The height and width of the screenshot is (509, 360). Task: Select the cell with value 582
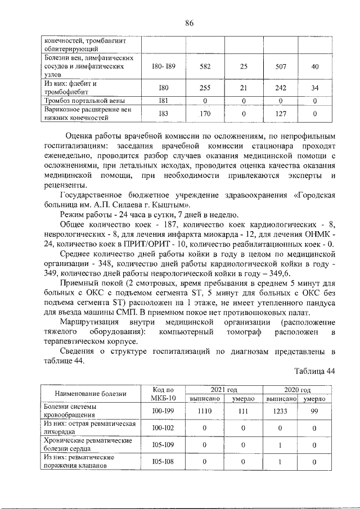(x=205, y=66)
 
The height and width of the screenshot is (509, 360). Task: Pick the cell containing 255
(x=205, y=88)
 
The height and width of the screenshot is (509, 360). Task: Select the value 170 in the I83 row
(x=205, y=114)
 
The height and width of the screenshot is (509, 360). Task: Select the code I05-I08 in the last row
(x=164, y=463)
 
